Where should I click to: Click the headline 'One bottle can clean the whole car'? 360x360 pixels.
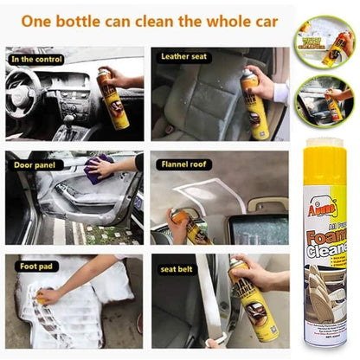[150, 19]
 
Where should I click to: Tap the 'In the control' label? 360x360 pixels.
[37, 58]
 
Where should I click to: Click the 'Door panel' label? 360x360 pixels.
[36, 162]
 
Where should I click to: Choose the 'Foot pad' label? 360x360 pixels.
[34, 267]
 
